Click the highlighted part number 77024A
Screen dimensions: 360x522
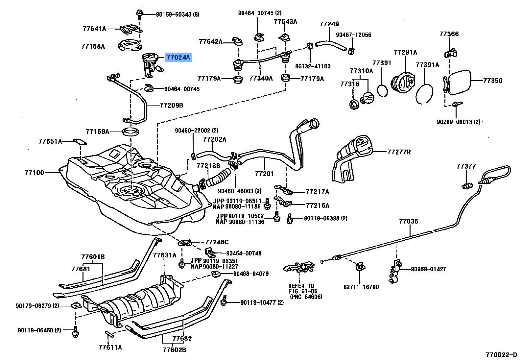(x=178, y=58)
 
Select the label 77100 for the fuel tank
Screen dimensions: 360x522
(x=34, y=173)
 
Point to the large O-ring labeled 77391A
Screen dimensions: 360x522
(x=424, y=94)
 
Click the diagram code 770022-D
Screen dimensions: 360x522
(x=501, y=355)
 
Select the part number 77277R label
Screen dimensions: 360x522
(x=399, y=152)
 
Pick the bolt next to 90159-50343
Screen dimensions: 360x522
(x=140, y=14)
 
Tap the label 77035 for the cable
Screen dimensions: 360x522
(x=409, y=221)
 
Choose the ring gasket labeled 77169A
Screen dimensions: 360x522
(x=130, y=132)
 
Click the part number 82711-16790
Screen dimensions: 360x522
(x=361, y=287)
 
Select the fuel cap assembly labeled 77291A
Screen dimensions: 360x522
(x=403, y=82)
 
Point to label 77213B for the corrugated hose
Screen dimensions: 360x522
(x=208, y=166)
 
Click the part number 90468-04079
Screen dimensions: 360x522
(x=251, y=274)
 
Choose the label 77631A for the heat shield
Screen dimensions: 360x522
(x=164, y=255)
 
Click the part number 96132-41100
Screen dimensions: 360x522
(x=313, y=66)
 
